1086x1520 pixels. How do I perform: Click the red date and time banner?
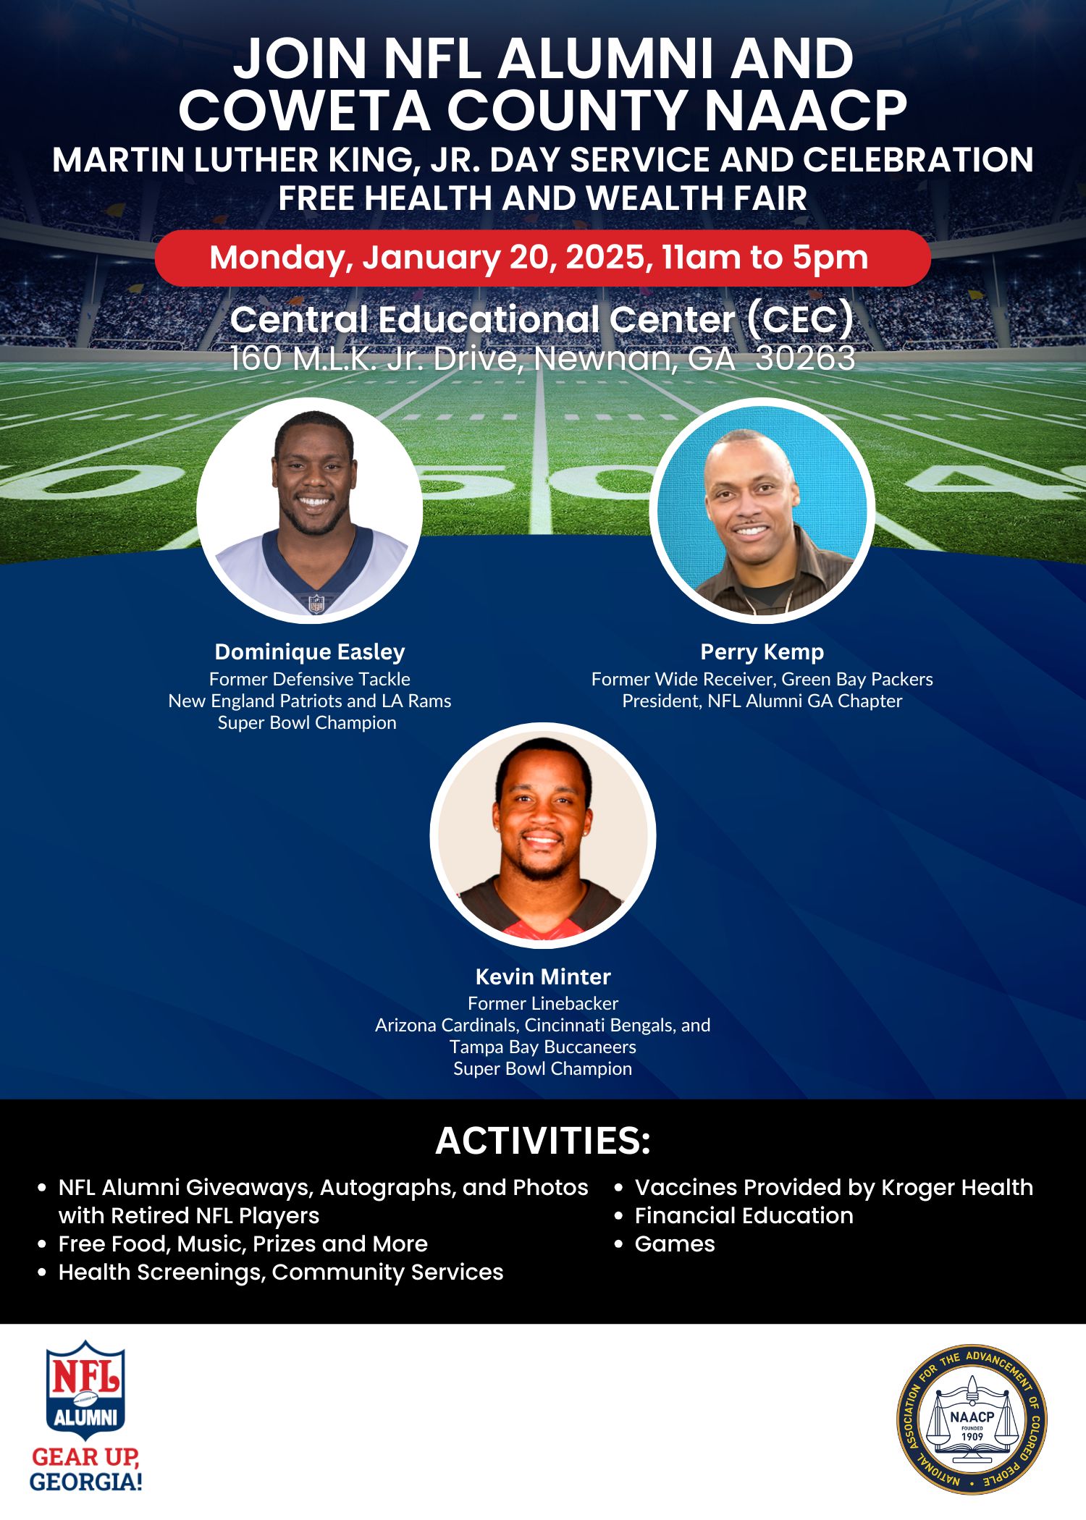[x=542, y=258]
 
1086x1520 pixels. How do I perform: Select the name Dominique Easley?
[x=310, y=652]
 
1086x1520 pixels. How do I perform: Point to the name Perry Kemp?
[x=762, y=652]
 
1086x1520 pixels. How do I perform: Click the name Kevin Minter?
[x=543, y=976]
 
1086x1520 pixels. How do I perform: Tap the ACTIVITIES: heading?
[x=543, y=1141]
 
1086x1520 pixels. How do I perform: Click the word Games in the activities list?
[x=675, y=1244]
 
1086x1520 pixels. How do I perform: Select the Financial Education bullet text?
[x=744, y=1215]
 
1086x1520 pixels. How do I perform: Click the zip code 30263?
[x=805, y=358]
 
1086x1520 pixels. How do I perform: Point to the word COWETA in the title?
[x=305, y=110]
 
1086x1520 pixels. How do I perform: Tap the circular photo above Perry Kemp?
[x=762, y=510]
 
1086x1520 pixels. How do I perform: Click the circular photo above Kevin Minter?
[x=543, y=835]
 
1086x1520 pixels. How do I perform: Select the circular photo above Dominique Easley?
[x=310, y=510]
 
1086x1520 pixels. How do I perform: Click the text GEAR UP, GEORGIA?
[x=85, y=1469]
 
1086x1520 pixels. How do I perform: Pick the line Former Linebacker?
[x=543, y=1003]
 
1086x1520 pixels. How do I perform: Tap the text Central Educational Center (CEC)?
[x=542, y=320]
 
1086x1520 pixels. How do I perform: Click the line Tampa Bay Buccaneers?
[x=543, y=1047]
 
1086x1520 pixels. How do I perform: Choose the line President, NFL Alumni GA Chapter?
[x=762, y=701]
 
